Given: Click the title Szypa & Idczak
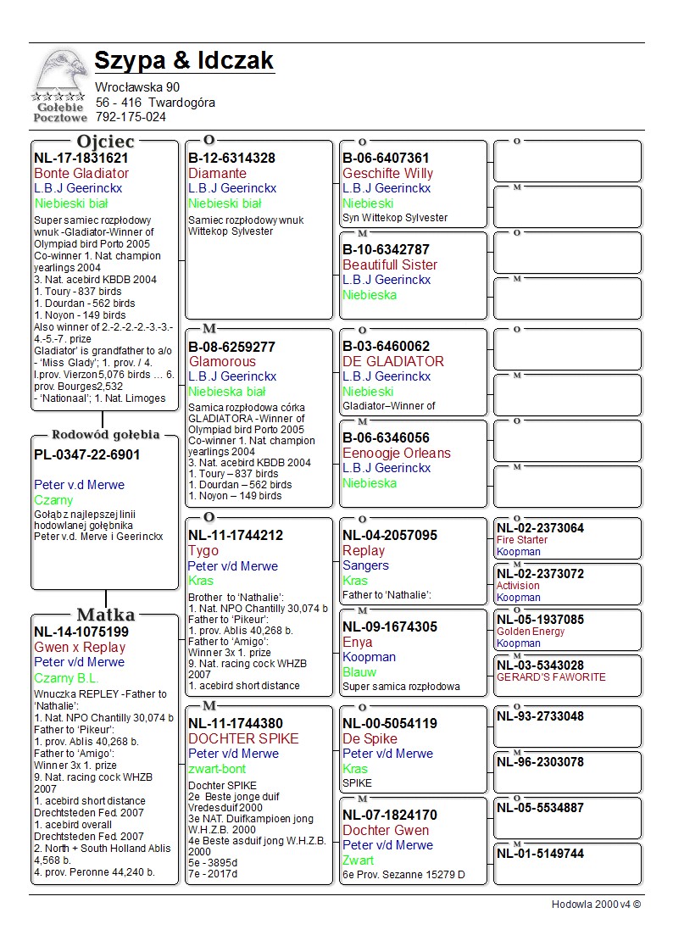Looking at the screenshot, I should click(184, 61).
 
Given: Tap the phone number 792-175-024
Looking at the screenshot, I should click(131, 117).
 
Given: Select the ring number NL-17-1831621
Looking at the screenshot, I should click(81, 158).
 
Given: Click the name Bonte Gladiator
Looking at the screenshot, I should click(81, 173).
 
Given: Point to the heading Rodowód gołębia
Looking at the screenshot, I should click(105, 435).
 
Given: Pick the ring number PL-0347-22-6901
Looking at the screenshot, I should click(87, 454).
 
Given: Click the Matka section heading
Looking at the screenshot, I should click(105, 615).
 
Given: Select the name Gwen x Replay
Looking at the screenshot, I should click(80, 647).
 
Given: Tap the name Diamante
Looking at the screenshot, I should click(217, 173).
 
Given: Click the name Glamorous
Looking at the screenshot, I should click(222, 361).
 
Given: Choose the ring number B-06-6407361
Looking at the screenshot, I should click(386, 158).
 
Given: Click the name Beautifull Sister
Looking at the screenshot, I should click(390, 264).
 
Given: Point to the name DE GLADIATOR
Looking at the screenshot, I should click(393, 361).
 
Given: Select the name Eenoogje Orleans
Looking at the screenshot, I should click(397, 453).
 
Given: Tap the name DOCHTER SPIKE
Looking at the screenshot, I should click(243, 738).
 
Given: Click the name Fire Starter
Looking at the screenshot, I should click(522, 540).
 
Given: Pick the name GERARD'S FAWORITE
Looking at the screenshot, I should click(551, 677).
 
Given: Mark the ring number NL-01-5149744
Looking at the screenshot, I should click(540, 854).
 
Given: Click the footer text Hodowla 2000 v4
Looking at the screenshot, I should click(596, 905).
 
